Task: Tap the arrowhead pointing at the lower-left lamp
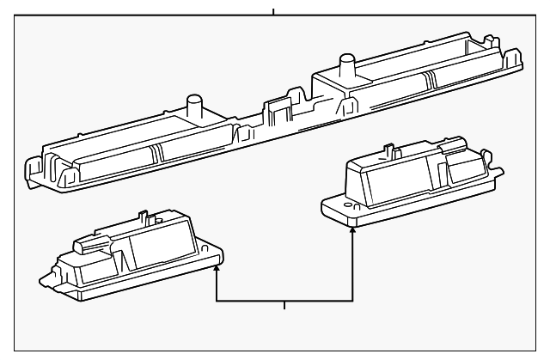click(216, 270)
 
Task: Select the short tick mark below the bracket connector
click(284, 307)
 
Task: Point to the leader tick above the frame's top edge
click(273, 11)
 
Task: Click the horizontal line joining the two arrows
click(284, 301)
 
